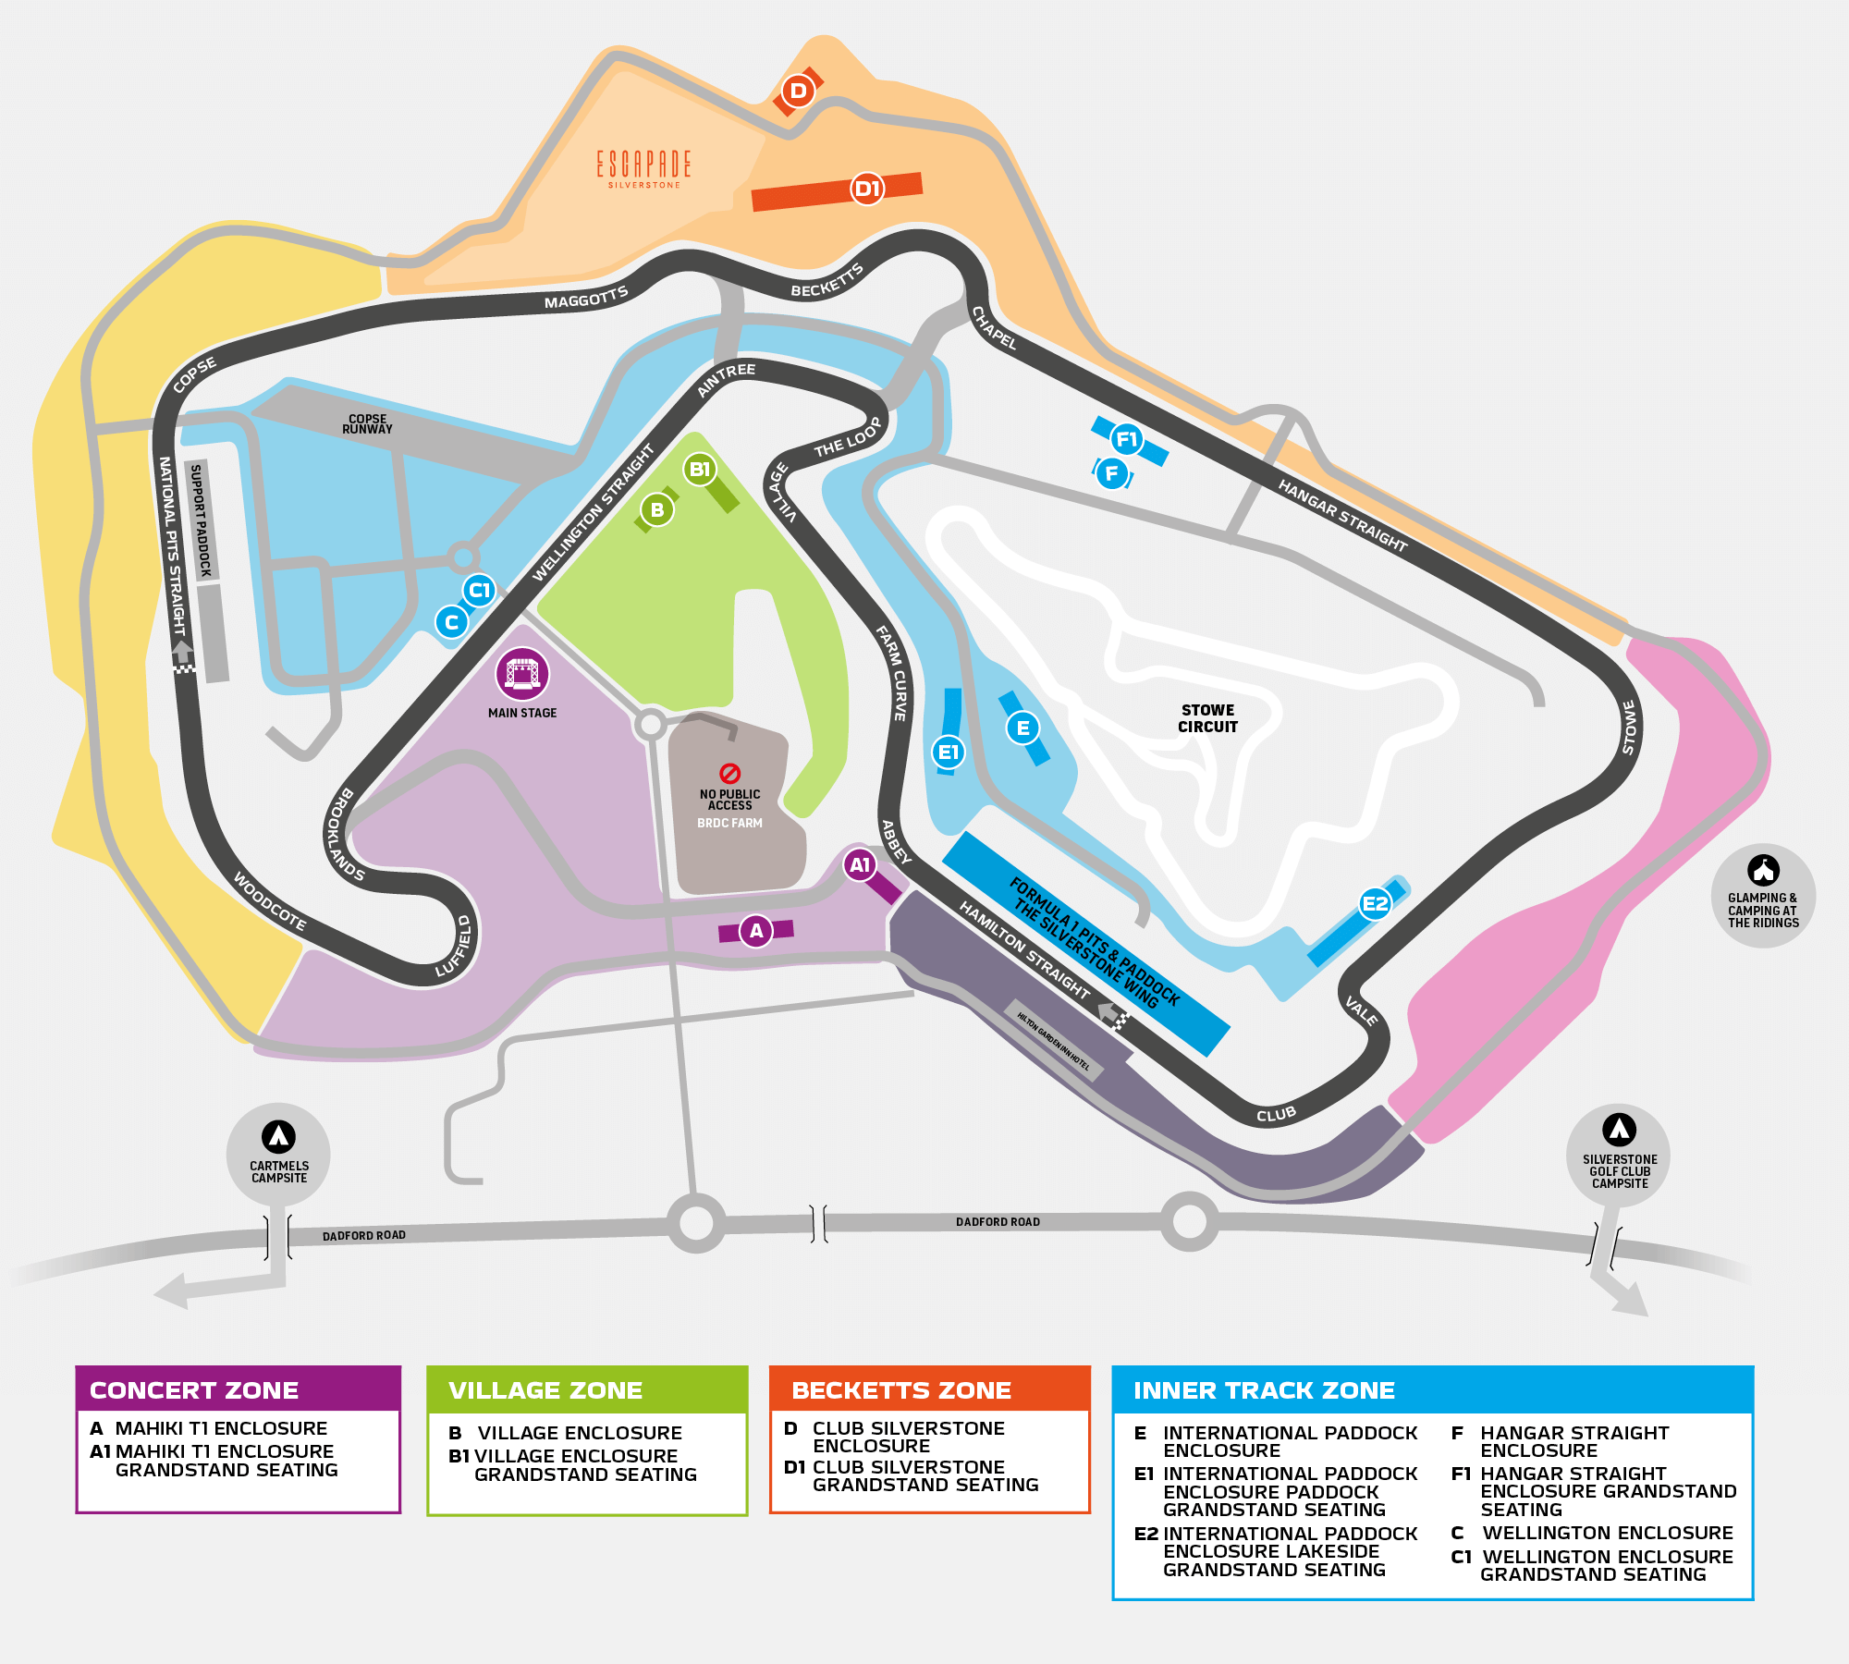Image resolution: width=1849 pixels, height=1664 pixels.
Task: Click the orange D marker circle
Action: [798, 92]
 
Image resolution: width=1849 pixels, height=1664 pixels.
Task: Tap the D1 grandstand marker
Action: [867, 190]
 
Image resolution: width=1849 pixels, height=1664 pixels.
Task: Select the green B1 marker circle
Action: [700, 470]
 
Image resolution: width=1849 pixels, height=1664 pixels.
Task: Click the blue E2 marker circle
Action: [1375, 904]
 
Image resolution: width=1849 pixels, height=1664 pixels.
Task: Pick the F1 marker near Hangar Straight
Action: [1126, 440]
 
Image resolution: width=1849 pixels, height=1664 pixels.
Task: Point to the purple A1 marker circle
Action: [860, 865]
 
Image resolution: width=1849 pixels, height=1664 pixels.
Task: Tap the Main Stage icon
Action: [522, 673]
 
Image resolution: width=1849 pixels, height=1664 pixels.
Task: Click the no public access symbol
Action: [729, 773]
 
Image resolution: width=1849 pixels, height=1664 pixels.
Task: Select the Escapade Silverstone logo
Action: [643, 167]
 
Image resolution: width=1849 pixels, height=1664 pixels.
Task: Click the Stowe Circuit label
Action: [1207, 718]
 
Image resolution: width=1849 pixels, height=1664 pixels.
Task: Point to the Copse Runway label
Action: [367, 424]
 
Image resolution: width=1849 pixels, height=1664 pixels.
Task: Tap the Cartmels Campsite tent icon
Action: [278, 1136]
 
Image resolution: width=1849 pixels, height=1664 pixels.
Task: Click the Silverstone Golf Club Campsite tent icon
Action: [1619, 1130]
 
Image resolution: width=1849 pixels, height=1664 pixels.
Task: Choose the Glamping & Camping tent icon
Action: [1763, 870]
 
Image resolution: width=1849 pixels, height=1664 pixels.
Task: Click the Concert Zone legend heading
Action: [194, 1390]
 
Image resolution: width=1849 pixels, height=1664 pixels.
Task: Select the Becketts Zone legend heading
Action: [901, 1390]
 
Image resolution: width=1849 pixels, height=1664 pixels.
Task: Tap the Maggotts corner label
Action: [586, 298]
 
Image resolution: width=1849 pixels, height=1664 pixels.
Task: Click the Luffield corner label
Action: [455, 947]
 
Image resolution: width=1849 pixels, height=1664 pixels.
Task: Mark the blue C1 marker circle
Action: [479, 590]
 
